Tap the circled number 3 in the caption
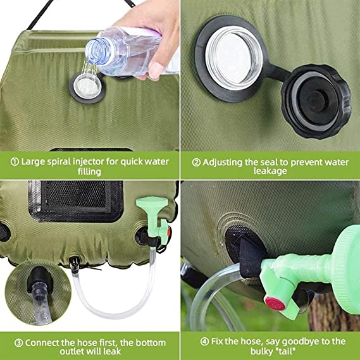(19, 342)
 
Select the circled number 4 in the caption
(202, 342)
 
